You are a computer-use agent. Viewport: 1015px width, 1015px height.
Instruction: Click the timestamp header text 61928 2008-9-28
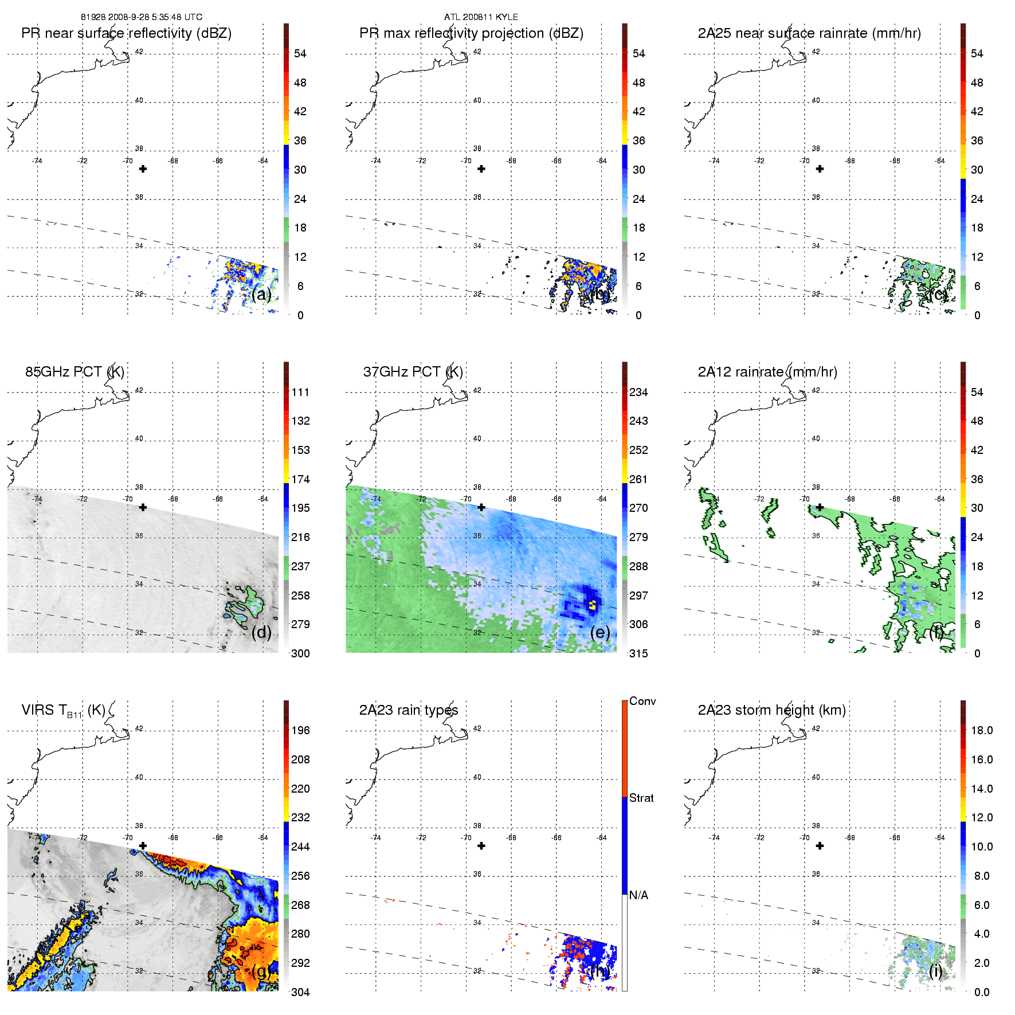tap(141, 17)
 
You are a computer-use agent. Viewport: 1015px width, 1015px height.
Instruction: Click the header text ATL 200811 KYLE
tap(481, 17)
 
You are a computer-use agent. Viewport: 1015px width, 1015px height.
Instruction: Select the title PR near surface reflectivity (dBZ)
tap(126, 33)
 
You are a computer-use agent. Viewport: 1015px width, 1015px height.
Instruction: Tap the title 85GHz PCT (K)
tap(75, 372)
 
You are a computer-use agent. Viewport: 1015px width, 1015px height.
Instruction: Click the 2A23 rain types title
tap(408, 710)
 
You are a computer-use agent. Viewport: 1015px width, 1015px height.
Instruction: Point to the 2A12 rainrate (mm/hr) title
tap(767, 372)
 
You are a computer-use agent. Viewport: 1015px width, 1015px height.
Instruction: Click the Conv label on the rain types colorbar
tap(642, 701)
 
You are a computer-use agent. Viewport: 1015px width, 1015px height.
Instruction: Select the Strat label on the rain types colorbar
tap(641, 798)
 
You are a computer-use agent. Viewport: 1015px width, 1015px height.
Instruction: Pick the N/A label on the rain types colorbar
tap(638, 895)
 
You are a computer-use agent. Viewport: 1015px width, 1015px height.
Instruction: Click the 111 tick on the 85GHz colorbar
tap(300, 392)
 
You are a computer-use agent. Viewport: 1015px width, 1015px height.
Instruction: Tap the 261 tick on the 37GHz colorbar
tap(638, 479)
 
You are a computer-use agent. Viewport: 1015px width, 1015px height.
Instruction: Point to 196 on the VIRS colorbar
tap(300, 730)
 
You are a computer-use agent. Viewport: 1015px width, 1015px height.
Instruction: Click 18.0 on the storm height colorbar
tap(981, 730)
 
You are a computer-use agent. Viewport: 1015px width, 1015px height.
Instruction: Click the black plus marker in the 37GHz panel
tap(481, 507)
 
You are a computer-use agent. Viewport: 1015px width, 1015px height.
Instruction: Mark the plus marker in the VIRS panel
tap(143, 846)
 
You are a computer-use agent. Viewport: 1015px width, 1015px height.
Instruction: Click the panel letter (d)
tap(261, 632)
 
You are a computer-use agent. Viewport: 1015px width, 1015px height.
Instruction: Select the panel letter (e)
tap(600, 632)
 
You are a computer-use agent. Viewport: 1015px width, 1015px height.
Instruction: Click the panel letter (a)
tap(261, 294)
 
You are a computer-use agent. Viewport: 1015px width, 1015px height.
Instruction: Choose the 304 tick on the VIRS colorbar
tap(300, 992)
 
